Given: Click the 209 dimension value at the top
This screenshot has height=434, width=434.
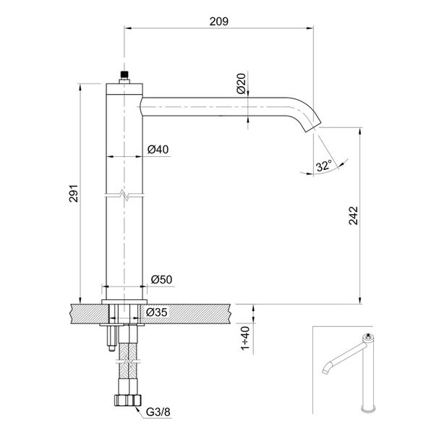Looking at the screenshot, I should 219,22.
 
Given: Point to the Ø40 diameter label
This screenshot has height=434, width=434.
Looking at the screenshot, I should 158,150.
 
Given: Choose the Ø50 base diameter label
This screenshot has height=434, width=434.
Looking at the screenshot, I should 160,278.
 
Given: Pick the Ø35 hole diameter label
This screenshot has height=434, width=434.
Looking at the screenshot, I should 157,312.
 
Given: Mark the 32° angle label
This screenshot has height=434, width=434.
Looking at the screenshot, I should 323,166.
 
